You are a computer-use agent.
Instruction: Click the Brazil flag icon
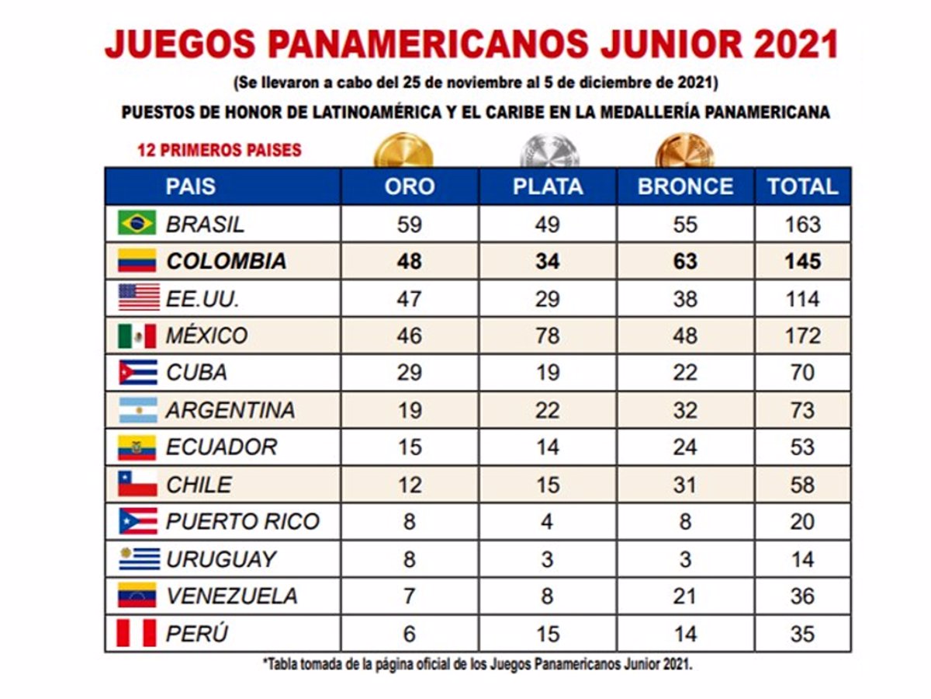137,224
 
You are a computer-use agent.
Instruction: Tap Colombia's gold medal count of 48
409,261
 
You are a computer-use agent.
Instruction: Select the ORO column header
409,186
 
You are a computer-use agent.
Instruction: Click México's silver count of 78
547,336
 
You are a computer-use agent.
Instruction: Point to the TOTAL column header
802,186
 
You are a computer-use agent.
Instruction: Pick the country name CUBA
196,373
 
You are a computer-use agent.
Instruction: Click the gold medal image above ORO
403,151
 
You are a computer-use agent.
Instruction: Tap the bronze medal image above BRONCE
684,151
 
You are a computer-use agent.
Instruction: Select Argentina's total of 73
802,410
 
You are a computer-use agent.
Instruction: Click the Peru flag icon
137,633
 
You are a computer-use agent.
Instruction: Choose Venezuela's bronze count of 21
685,596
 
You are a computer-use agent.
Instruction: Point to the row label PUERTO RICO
242,521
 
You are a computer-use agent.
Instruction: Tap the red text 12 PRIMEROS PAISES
220,150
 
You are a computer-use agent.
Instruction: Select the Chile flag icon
137,485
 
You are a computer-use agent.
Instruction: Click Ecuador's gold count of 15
409,447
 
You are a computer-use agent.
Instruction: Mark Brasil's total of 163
802,224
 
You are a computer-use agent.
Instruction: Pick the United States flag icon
137,298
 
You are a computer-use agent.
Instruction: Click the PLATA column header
547,186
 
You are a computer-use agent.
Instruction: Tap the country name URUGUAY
221,559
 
